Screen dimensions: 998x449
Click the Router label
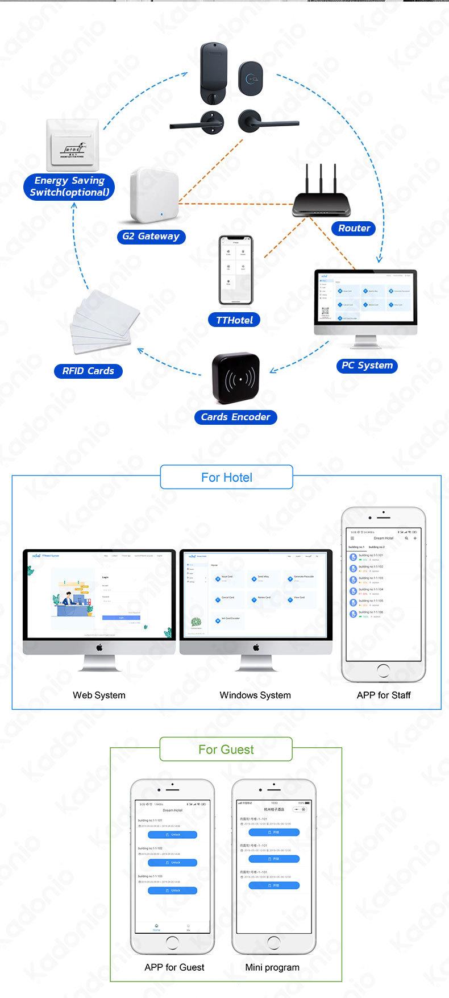point(354,228)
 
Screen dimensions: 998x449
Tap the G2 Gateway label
point(151,236)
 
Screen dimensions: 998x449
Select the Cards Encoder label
point(235,417)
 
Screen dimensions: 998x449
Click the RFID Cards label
point(88,371)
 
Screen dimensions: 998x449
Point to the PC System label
point(367,365)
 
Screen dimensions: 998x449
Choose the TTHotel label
point(234,320)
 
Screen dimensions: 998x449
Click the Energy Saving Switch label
point(69,187)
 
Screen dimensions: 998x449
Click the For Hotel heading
point(226,477)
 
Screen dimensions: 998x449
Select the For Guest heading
point(226,749)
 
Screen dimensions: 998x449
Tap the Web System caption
point(99,695)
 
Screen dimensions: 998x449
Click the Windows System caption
point(255,695)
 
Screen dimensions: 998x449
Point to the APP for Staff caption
point(384,695)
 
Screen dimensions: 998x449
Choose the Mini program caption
point(272,967)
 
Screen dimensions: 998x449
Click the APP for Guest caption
point(174,967)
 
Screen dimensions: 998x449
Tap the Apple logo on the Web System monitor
point(99,647)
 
